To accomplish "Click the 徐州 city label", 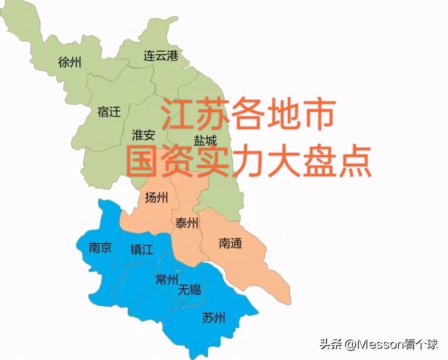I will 70,63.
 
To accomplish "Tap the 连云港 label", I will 161,56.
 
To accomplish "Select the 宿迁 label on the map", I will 109,111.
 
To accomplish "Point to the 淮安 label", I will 144,135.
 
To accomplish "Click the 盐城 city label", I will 205,140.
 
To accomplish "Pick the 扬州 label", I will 156,198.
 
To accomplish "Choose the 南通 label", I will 230,243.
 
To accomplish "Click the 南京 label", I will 100,248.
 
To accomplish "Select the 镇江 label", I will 141,249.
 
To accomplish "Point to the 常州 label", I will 166,280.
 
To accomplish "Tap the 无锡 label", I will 189,289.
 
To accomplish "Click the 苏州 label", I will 214,318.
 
